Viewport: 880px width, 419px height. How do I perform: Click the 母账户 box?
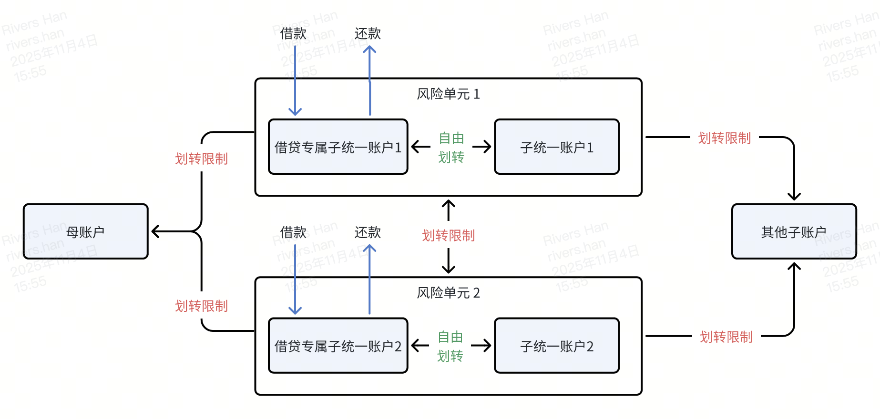tap(86, 232)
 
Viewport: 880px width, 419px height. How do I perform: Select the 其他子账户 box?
tap(794, 232)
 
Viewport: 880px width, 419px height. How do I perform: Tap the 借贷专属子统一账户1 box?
tap(338, 147)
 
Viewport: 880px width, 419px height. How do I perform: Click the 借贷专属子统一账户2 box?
tap(338, 346)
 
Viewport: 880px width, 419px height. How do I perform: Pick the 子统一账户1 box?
tap(557, 147)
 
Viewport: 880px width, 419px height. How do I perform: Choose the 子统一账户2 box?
tap(557, 346)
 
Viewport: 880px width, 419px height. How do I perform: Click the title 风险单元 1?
tap(448, 94)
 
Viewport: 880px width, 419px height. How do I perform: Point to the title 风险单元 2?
tap(448, 293)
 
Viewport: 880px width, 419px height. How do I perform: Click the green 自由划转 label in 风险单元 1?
tap(451, 148)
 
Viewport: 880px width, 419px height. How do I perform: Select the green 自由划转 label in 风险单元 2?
tap(450, 347)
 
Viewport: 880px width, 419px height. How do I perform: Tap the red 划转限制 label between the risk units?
tap(448, 235)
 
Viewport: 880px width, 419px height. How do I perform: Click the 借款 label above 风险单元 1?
tap(293, 33)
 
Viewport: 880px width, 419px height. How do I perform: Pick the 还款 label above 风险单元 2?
tap(368, 232)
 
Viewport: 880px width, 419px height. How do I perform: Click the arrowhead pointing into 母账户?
tap(154, 232)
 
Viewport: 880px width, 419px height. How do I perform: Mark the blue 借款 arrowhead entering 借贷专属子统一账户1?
tap(295, 112)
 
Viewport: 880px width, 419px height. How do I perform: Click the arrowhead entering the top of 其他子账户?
tap(794, 197)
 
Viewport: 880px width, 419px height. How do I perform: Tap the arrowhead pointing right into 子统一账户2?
tap(488, 346)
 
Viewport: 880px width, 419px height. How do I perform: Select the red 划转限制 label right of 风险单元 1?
tap(724, 138)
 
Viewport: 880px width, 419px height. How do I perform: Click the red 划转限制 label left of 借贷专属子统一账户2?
tap(201, 306)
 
